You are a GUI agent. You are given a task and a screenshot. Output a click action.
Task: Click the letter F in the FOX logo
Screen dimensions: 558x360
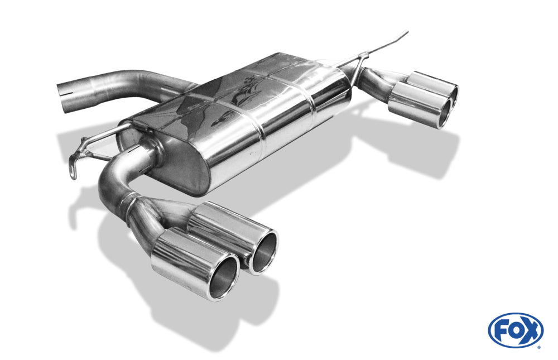click(x=502, y=331)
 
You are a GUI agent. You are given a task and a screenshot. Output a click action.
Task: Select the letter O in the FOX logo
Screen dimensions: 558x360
click(x=517, y=331)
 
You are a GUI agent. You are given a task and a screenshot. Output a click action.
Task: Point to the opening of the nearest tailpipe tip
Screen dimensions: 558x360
click(x=224, y=277)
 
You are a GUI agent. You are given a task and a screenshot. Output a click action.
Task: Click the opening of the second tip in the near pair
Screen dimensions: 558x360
click(x=263, y=252)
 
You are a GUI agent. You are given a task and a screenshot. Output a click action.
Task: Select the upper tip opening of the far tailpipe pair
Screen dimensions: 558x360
click(x=454, y=93)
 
